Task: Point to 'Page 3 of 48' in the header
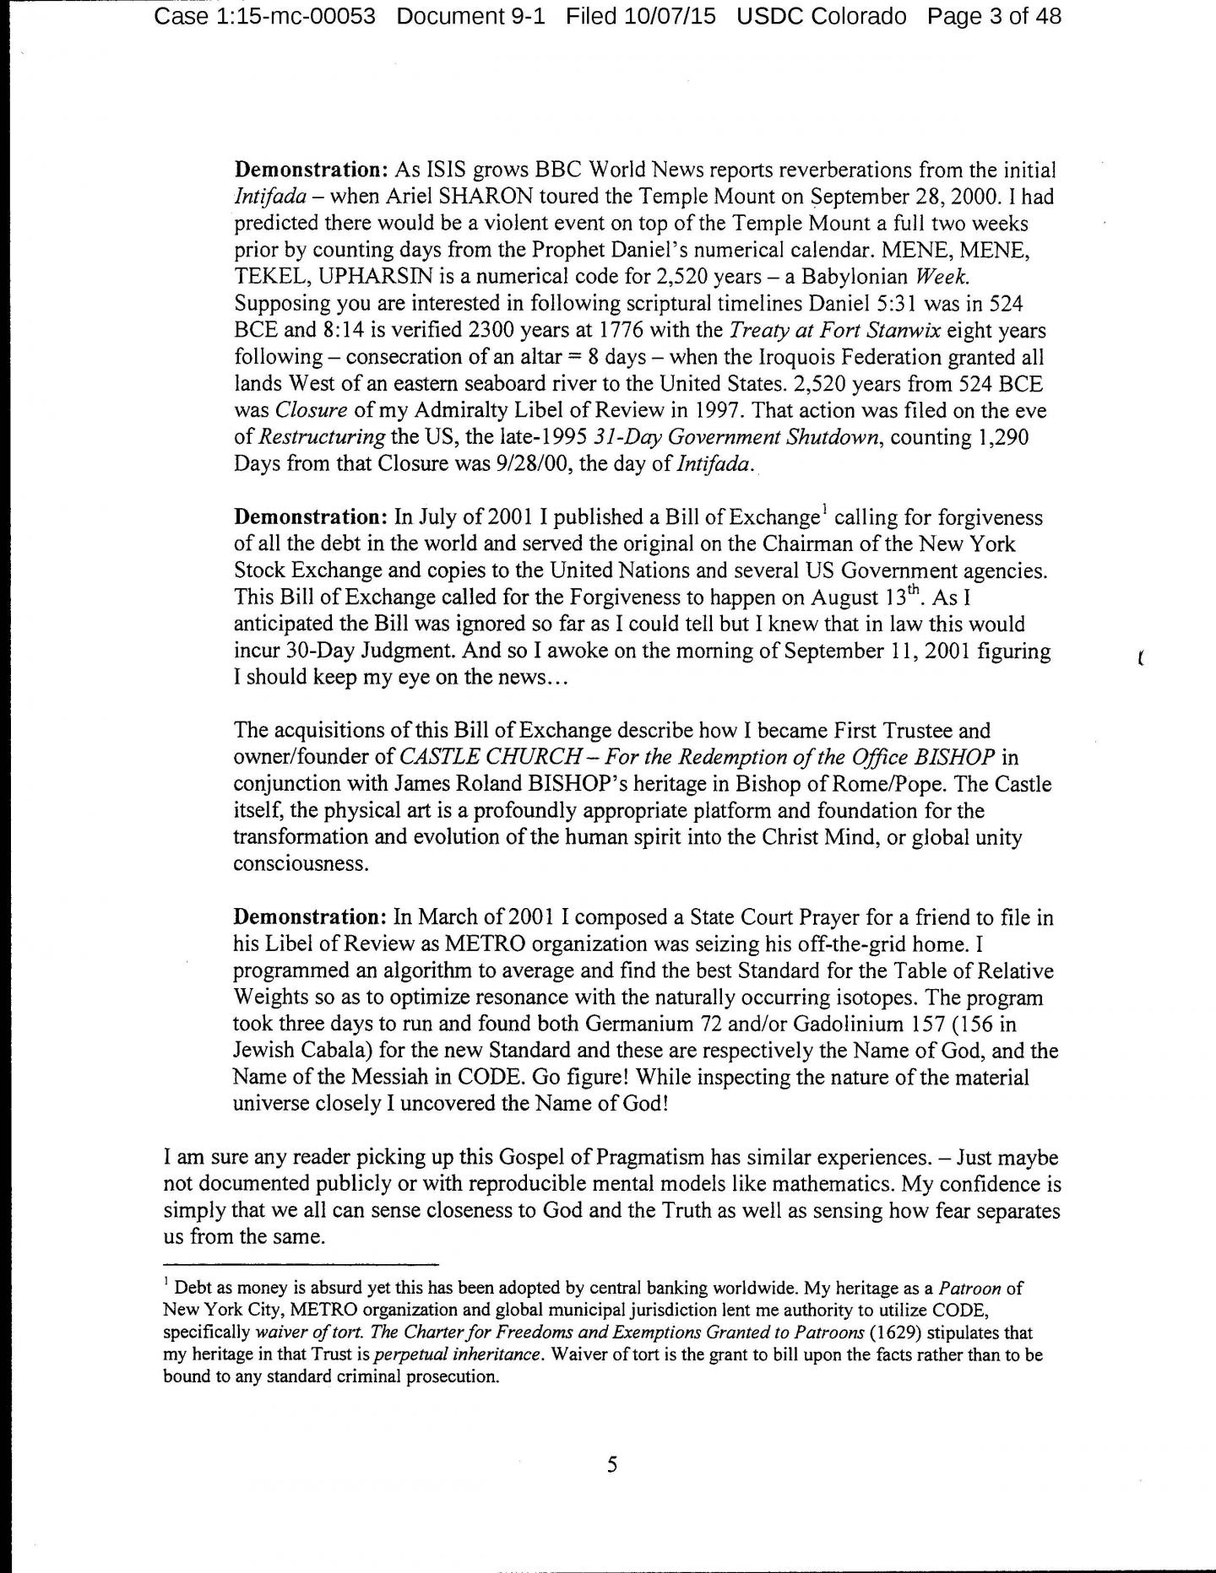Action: pos(994,16)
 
